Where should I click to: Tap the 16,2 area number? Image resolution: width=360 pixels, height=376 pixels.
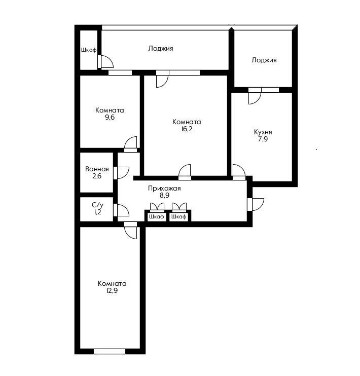pos(186,129)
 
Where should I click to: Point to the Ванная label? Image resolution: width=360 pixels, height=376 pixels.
pos(97,169)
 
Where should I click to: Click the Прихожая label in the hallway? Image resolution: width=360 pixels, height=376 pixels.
pos(164,188)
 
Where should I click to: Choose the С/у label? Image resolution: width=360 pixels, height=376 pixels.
pos(97,205)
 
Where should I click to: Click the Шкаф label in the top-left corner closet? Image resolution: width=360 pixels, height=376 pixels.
pos(89,50)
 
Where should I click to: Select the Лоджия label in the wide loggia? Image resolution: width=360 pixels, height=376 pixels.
pos(161,49)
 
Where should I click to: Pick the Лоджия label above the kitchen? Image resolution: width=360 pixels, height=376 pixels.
pos(264,60)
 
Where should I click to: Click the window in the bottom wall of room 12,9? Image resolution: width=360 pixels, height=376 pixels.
pos(110,351)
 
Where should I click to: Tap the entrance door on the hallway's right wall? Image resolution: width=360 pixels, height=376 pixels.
pos(255,204)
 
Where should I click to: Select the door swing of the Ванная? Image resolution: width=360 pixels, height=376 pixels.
pos(122,172)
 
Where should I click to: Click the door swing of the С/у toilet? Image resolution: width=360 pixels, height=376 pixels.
pos(122,210)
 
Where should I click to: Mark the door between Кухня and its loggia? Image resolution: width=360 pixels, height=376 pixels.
pos(255,95)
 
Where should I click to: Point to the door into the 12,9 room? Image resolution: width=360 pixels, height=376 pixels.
pos(131,230)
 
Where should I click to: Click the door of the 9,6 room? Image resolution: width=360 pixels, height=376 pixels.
pos(131,144)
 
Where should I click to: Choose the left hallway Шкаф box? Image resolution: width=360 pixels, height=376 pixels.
pos(156,216)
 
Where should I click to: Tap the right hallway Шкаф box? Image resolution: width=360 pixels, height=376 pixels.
pos(178,216)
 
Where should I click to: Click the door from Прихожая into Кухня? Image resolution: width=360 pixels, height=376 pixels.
pos(238,172)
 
